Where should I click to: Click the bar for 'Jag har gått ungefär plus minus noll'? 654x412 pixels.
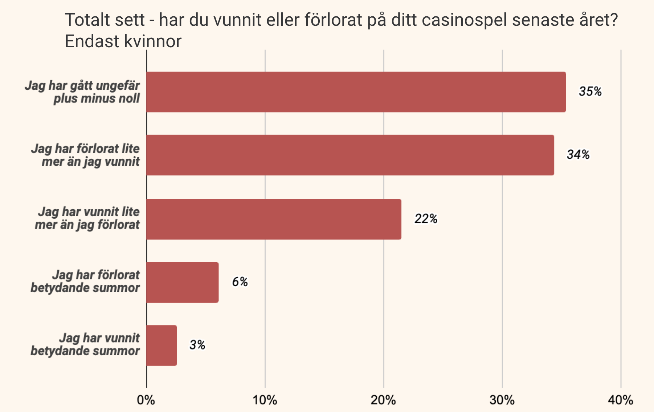pyautogui.click(x=356, y=92)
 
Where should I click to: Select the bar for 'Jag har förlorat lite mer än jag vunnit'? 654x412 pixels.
pyautogui.click(x=350, y=155)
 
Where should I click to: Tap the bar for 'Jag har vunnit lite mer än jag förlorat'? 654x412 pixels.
pyautogui.click(x=274, y=219)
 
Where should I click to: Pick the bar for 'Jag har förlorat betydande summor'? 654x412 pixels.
pyautogui.click(x=182, y=282)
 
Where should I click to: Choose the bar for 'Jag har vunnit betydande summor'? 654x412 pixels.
pyautogui.click(x=162, y=346)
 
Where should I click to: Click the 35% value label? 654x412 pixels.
pyautogui.click(x=590, y=92)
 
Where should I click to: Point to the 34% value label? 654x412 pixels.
pyautogui.click(x=578, y=155)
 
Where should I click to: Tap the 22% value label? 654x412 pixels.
pyautogui.click(x=426, y=219)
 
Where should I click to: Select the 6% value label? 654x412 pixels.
pyautogui.click(x=240, y=282)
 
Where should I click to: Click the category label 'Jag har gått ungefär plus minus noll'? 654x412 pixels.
pyautogui.click(x=82, y=92)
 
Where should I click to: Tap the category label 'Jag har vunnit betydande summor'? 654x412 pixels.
pyautogui.click(x=85, y=344)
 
